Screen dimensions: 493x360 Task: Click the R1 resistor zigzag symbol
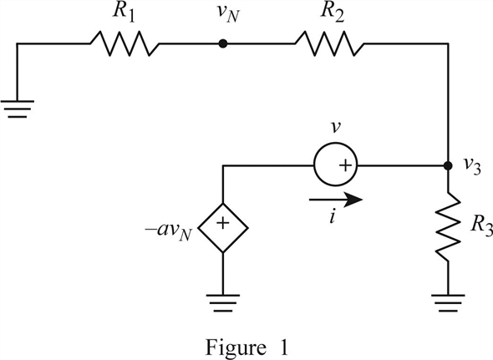pos(125,43)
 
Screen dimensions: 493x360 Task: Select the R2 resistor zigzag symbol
pos(329,43)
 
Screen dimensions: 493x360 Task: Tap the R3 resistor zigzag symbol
pos(448,226)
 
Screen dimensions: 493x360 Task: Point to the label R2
pos(333,13)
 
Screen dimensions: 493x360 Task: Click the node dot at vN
pos(223,43)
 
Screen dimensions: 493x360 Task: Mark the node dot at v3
pos(448,165)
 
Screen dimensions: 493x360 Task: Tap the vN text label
pos(227,15)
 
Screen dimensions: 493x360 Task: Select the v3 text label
pos(473,167)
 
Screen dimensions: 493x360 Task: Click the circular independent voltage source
pos(335,165)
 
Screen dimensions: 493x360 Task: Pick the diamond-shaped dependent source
pos(223,228)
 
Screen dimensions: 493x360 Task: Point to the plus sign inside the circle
pos(345,165)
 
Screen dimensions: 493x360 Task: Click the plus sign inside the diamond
pos(223,223)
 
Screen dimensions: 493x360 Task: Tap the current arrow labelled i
pos(336,200)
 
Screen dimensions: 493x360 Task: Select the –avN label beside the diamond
pos(169,232)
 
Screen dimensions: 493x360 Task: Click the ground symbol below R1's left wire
pos(18,109)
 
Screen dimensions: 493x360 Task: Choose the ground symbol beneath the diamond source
pos(223,303)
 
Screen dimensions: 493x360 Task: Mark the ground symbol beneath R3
pos(448,303)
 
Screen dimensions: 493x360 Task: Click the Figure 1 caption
pos(246,347)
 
